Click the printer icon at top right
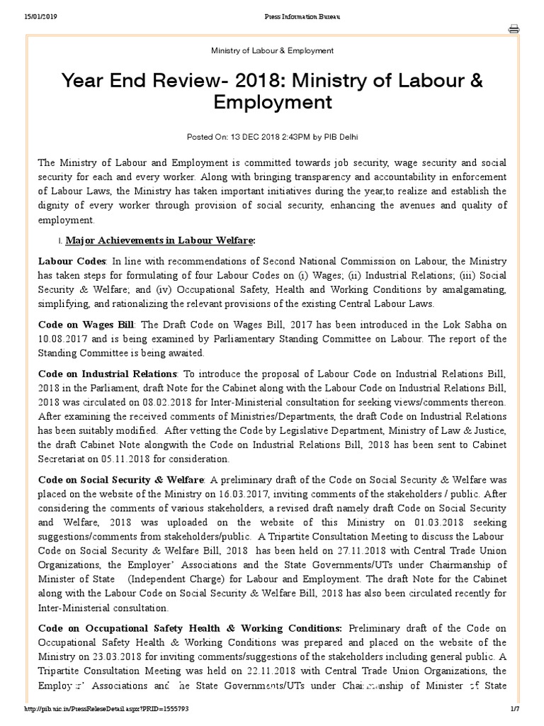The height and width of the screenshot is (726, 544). (514, 29)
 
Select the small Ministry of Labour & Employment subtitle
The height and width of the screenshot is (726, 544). (273, 51)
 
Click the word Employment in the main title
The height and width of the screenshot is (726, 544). (273, 102)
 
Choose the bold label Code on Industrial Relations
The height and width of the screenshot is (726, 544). (107, 373)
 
